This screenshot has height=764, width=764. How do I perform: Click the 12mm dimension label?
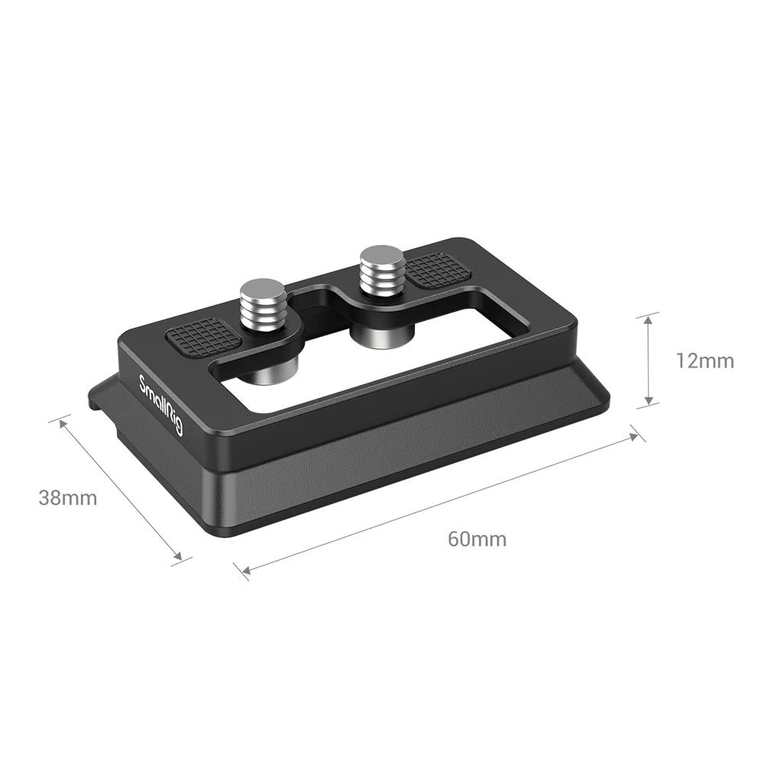pos(704,361)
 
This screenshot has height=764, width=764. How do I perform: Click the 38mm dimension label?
pos(68,498)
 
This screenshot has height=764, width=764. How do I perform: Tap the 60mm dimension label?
pos(477,539)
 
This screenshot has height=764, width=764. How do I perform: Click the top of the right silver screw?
pos(383,256)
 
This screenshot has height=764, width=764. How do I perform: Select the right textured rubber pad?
pos(433,269)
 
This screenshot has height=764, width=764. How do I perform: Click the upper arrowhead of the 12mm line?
pos(648,316)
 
